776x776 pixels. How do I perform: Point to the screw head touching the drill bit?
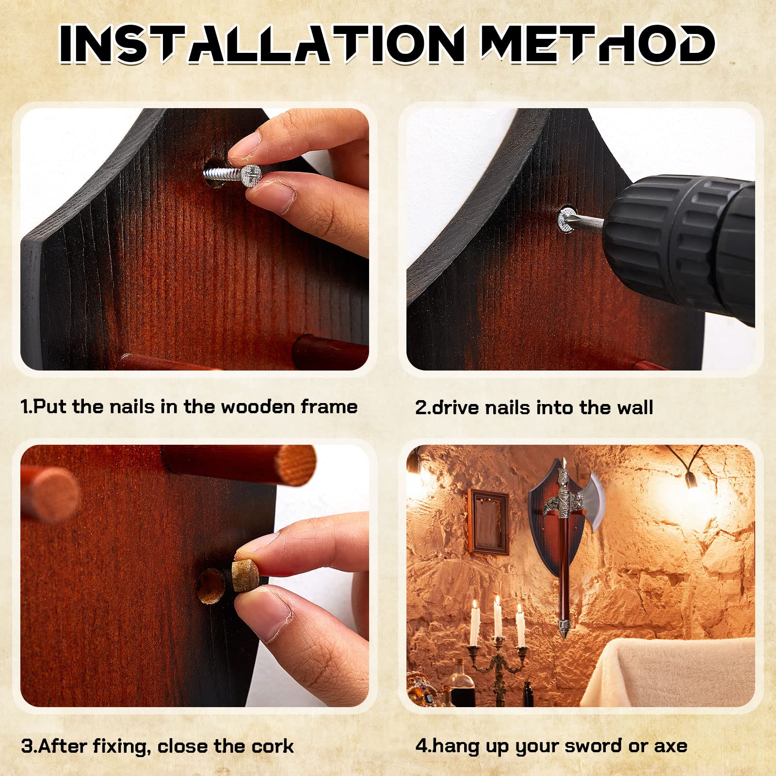click(x=567, y=219)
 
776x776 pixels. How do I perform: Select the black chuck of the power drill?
click(x=679, y=247)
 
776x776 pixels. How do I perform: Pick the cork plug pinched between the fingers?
click(x=245, y=575)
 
